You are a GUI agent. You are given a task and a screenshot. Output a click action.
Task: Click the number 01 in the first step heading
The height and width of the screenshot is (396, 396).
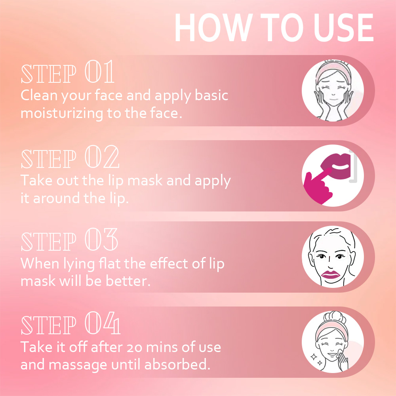[99, 72]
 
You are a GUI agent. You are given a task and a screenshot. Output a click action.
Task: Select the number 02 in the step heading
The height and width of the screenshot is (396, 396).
[102, 157]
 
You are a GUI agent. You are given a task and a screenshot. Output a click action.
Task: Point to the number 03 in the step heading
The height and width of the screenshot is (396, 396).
[101, 240]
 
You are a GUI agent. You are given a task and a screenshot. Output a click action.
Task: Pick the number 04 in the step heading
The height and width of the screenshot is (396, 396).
[102, 323]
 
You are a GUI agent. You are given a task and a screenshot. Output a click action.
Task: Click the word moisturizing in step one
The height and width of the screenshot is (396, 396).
[62, 113]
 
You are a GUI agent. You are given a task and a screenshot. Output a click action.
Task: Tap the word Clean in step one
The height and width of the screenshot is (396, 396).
[39, 95]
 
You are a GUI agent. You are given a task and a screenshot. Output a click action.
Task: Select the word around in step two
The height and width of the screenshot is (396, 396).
[57, 198]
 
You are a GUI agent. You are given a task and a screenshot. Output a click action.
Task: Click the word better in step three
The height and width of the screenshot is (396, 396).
[128, 281]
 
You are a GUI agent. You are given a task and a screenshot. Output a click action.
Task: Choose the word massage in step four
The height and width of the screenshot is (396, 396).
[78, 365]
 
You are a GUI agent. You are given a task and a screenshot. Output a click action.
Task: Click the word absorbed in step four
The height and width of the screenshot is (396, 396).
[177, 364]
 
